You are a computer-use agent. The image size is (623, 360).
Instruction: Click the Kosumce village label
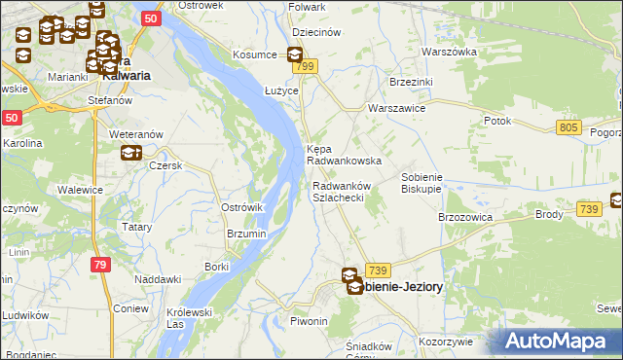(254, 54)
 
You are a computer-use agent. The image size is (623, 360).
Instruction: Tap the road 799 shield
(307, 66)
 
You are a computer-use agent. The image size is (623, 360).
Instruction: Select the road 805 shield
(569, 127)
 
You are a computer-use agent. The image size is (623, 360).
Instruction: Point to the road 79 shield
(100, 264)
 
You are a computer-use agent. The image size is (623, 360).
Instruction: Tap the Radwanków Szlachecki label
(338, 191)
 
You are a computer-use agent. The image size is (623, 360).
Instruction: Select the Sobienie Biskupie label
(422, 183)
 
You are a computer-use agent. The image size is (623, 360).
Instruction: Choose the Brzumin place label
(246, 234)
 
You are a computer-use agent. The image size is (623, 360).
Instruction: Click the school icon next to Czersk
(130, 152)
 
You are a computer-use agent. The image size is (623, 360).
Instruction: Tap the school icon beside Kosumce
(295, 55)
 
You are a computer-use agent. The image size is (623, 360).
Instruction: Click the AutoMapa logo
(555, 341)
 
